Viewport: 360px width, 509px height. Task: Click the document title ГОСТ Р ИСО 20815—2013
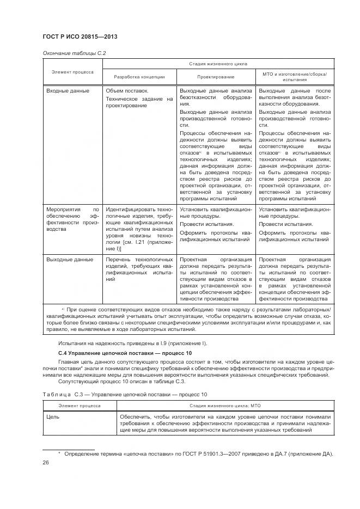80,36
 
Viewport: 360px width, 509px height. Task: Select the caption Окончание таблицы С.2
70,53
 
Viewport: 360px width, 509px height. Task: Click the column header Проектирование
216,77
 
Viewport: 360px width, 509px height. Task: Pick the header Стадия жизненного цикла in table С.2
215,64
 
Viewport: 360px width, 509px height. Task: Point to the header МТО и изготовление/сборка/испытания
295,76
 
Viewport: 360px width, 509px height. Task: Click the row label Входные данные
68,90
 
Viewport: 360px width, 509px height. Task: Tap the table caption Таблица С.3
125,395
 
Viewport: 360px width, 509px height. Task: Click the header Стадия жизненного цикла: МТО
224,406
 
